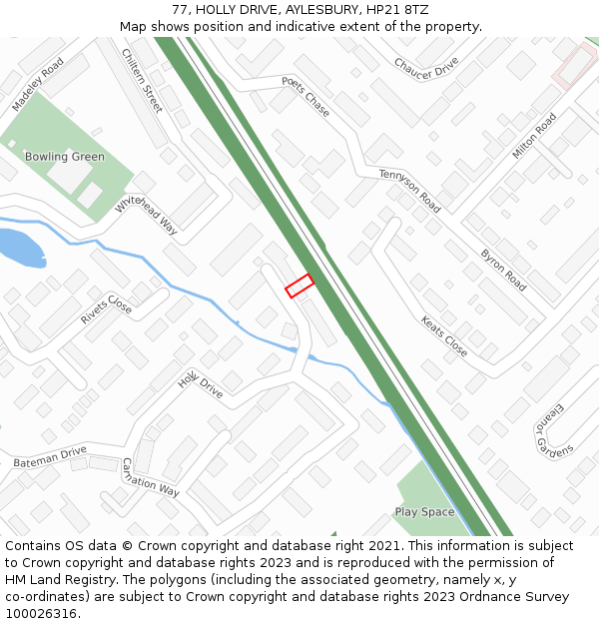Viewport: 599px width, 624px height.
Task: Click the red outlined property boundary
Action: coord(299,286)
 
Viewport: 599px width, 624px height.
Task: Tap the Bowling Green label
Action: coord(65,157)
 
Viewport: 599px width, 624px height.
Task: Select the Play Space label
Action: coord(424,512)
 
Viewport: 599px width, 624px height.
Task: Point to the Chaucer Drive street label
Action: coord(426,68)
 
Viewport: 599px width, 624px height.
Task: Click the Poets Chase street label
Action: coord(305,96)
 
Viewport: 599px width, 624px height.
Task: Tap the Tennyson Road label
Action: coord(409,190)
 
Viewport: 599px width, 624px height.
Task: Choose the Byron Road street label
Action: coord(503,270)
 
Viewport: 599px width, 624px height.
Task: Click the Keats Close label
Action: coord(444,337)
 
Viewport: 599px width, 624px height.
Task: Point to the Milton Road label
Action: coord(534,137)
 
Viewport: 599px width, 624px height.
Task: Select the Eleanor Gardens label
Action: coord(555,429)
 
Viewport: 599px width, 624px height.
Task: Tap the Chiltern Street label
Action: coord(142,80)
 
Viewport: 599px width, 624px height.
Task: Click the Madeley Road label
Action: coord(38,84)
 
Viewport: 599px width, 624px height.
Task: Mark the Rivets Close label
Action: coord(106,312)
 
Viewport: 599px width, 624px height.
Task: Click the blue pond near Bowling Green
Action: coord(20,249)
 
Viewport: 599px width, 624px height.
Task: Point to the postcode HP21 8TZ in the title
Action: coord(397,9)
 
